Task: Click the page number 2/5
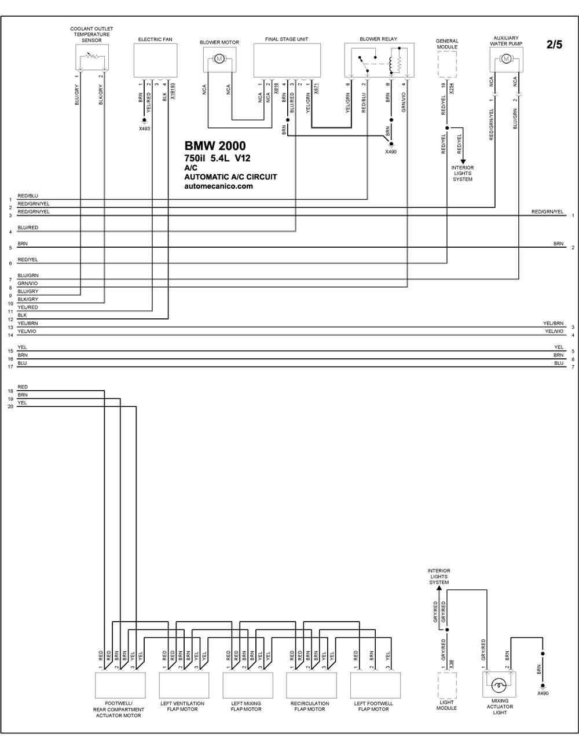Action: click(x=554, y=45)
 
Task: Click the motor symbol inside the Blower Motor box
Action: click(x=219, y=59)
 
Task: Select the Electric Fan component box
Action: click(x=155, y=60)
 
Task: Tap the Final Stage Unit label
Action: click(x=287, y=39)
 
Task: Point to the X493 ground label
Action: click(x=144, y=128)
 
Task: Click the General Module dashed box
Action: click(x=447, y=64)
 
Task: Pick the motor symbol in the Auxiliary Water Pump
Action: click(x=506, y=59)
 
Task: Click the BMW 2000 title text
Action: click(x=215, y=146)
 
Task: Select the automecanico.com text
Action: click(x=218, y=186)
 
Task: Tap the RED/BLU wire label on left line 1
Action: click(x=28, y=196)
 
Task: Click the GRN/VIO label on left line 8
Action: click(x=28, y=283)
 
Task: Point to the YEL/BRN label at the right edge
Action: click(x=553, y=324)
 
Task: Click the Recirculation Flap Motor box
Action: click(x=312, y=685)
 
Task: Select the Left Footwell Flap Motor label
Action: click(x=373, y=706)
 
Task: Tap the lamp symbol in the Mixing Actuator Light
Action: click(x=499, y=685)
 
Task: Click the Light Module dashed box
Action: click(x=447, y=685)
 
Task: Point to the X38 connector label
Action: click(x=452, y=664)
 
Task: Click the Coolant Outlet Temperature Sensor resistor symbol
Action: click(x=91, y=56)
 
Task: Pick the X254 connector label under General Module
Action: click(x=452, y=89)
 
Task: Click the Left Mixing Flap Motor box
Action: click(x=248, y=685)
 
